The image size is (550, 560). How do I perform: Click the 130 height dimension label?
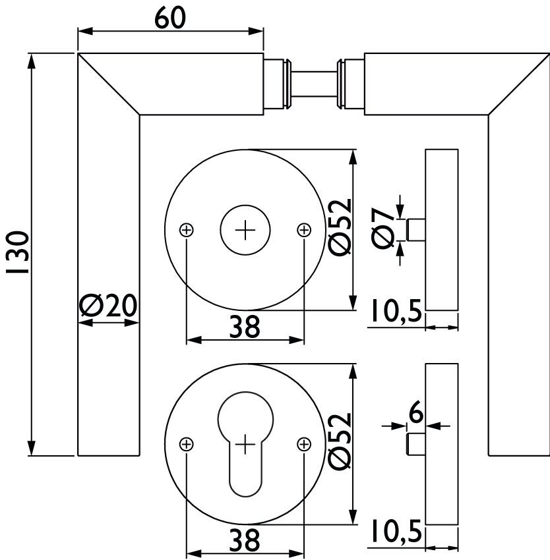18,253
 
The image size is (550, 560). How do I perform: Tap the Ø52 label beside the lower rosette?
340,442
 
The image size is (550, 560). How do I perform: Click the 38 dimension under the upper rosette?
245,325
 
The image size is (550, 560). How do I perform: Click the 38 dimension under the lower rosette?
245,542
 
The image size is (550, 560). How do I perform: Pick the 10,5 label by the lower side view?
395,532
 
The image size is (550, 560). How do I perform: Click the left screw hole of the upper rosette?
187,230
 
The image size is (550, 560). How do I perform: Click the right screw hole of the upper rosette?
303,230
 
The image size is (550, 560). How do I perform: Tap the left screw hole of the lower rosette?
187,445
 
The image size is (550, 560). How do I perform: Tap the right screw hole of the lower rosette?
303,445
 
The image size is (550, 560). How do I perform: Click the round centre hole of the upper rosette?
245,230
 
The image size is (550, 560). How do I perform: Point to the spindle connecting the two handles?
314,84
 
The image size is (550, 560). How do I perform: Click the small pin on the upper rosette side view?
416,231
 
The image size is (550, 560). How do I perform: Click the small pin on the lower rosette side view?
416,445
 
